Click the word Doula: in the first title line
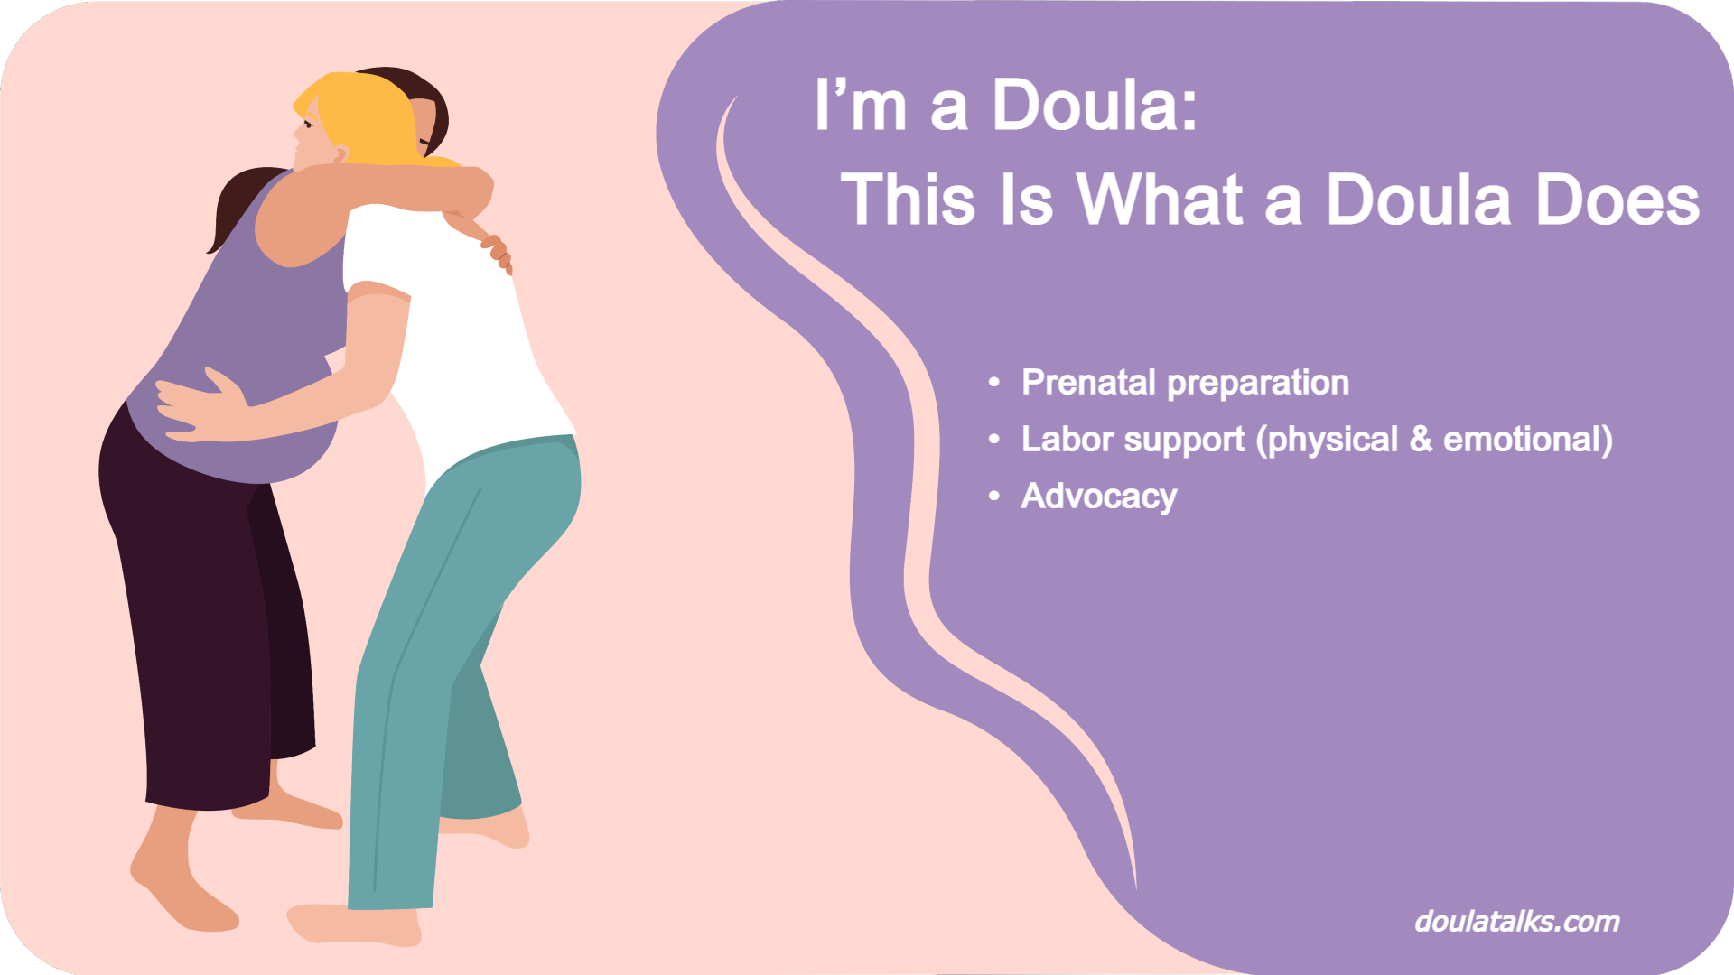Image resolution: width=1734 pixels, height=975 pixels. pos(1095,107)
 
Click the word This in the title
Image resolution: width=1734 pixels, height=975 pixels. pos(909,200)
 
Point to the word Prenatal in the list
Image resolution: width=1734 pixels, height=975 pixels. pos(1088,383)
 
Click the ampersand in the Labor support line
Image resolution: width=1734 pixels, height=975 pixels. pos(1421,440)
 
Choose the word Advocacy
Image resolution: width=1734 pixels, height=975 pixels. pos(1098,497)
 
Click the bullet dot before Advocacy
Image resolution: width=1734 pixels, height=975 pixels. pos(994,497)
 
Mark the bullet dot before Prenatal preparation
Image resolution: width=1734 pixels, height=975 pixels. pos(994,383)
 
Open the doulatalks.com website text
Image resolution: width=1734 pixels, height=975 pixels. pos(1516,922)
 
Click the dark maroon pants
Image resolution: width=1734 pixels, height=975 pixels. pos(208,614)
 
